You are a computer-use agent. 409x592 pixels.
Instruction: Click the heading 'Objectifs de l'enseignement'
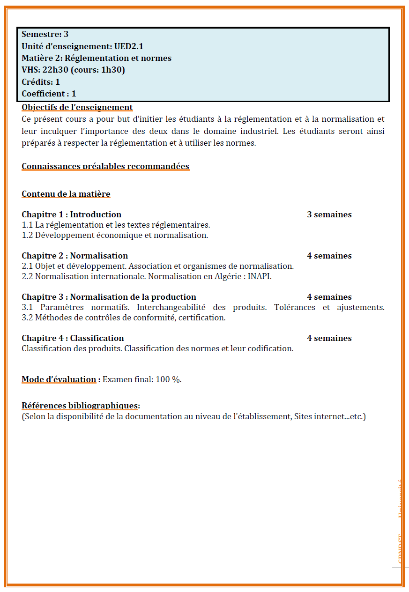(77, 108)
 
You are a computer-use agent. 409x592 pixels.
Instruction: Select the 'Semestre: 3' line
(45, 34)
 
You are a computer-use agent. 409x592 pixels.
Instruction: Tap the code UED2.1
(128, 46)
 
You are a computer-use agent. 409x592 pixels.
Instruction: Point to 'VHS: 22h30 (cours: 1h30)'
(73, 70)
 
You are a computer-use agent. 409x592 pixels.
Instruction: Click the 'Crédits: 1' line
(41, 82)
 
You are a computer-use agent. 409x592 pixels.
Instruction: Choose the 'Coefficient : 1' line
(49, 94)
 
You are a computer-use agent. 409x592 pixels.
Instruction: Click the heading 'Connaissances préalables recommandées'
(105, 166)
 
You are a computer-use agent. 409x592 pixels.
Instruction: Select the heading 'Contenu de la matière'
(66, 194)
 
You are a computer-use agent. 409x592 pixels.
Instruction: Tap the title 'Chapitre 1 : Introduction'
(71, 215)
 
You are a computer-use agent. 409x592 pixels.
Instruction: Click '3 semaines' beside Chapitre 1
(329, 215)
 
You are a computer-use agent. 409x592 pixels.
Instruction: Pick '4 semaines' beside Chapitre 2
(329, 256)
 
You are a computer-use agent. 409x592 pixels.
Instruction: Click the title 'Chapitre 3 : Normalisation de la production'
(109, 297)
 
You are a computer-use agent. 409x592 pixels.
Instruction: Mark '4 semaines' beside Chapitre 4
(329, 338)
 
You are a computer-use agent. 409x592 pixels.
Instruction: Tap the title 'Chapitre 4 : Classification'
(73, 338)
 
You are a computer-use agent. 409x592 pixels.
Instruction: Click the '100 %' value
(168, 379)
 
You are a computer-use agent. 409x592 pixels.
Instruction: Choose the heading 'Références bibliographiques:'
(81, 406)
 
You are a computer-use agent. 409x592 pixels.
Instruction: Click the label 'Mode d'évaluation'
(59, 379)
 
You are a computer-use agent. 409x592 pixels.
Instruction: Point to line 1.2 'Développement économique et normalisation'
(115, 235)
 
